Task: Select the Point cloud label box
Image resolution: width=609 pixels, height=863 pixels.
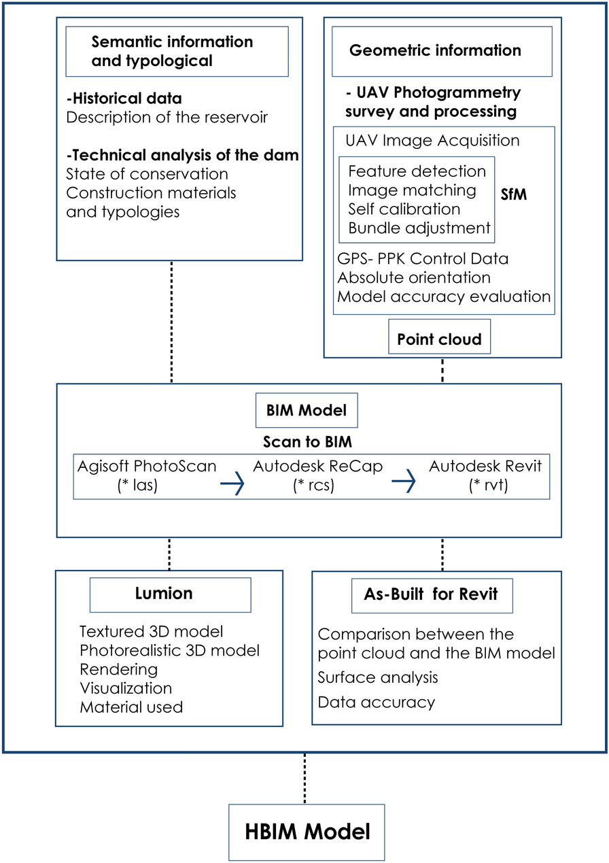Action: (439, 339)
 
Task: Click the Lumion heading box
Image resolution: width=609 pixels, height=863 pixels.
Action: (170, 594)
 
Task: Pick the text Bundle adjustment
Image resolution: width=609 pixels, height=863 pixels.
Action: (419, 228)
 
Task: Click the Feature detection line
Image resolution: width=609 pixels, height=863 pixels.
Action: (417, 171)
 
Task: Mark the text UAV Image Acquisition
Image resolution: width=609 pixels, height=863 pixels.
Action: (432, 141)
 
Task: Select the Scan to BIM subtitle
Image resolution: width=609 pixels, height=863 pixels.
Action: (307, 442)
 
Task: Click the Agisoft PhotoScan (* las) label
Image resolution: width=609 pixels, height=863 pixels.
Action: (147, 477)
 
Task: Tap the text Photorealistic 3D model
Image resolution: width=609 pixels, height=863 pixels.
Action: (169, 650)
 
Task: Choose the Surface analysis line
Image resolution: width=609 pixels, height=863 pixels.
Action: (378, 677)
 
